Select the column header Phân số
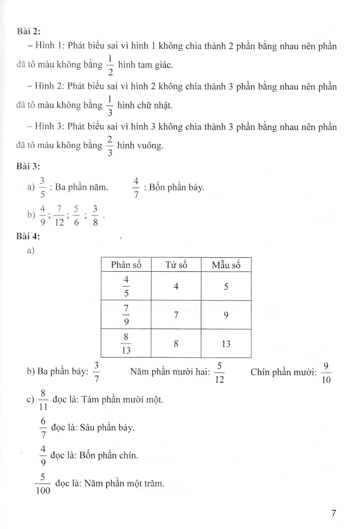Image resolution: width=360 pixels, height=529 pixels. point(126,265)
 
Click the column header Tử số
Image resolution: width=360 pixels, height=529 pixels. point(176,265)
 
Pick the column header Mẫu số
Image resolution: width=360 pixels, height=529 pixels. point(226,265)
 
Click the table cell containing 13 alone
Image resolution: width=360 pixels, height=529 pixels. point(226,343)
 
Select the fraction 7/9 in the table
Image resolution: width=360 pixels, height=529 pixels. point(126,315)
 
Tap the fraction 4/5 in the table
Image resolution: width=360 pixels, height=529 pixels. point(126,286)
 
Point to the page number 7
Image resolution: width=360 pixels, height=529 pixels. point(334,513)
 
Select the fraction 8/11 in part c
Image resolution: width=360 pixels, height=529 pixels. point(43,400)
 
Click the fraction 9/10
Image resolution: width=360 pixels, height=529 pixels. point(326,373)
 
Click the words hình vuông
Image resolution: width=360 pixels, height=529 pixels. point(138,147)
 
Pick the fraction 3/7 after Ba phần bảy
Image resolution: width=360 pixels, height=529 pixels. point(97,373)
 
